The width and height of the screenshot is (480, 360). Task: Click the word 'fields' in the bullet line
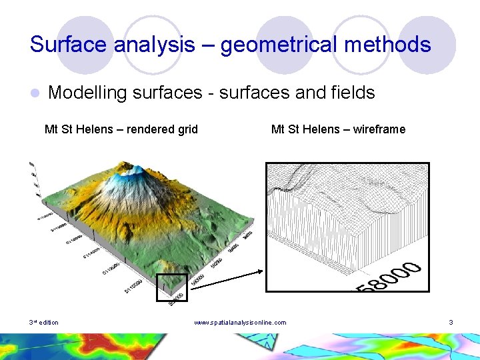coord(353,93)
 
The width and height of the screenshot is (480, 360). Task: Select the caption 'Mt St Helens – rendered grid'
coord(121,129)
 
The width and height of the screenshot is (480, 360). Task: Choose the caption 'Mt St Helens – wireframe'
coord(338,129)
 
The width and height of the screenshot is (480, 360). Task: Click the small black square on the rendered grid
coord(172,287)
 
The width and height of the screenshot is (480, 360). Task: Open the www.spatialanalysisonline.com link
coord(240,323)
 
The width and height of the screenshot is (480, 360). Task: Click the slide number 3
coord(451,323)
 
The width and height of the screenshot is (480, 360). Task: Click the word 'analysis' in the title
coord(160,45)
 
